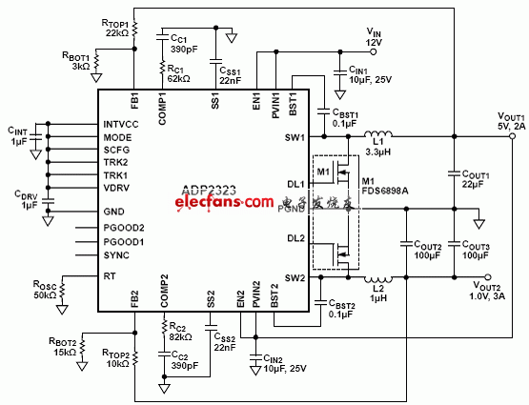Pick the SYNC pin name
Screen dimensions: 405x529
pos(116,254)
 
